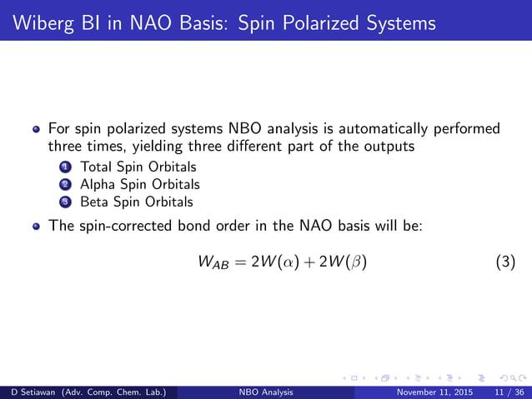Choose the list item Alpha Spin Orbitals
140,184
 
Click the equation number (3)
505,263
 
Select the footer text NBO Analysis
266,391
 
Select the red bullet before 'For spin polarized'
36,130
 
